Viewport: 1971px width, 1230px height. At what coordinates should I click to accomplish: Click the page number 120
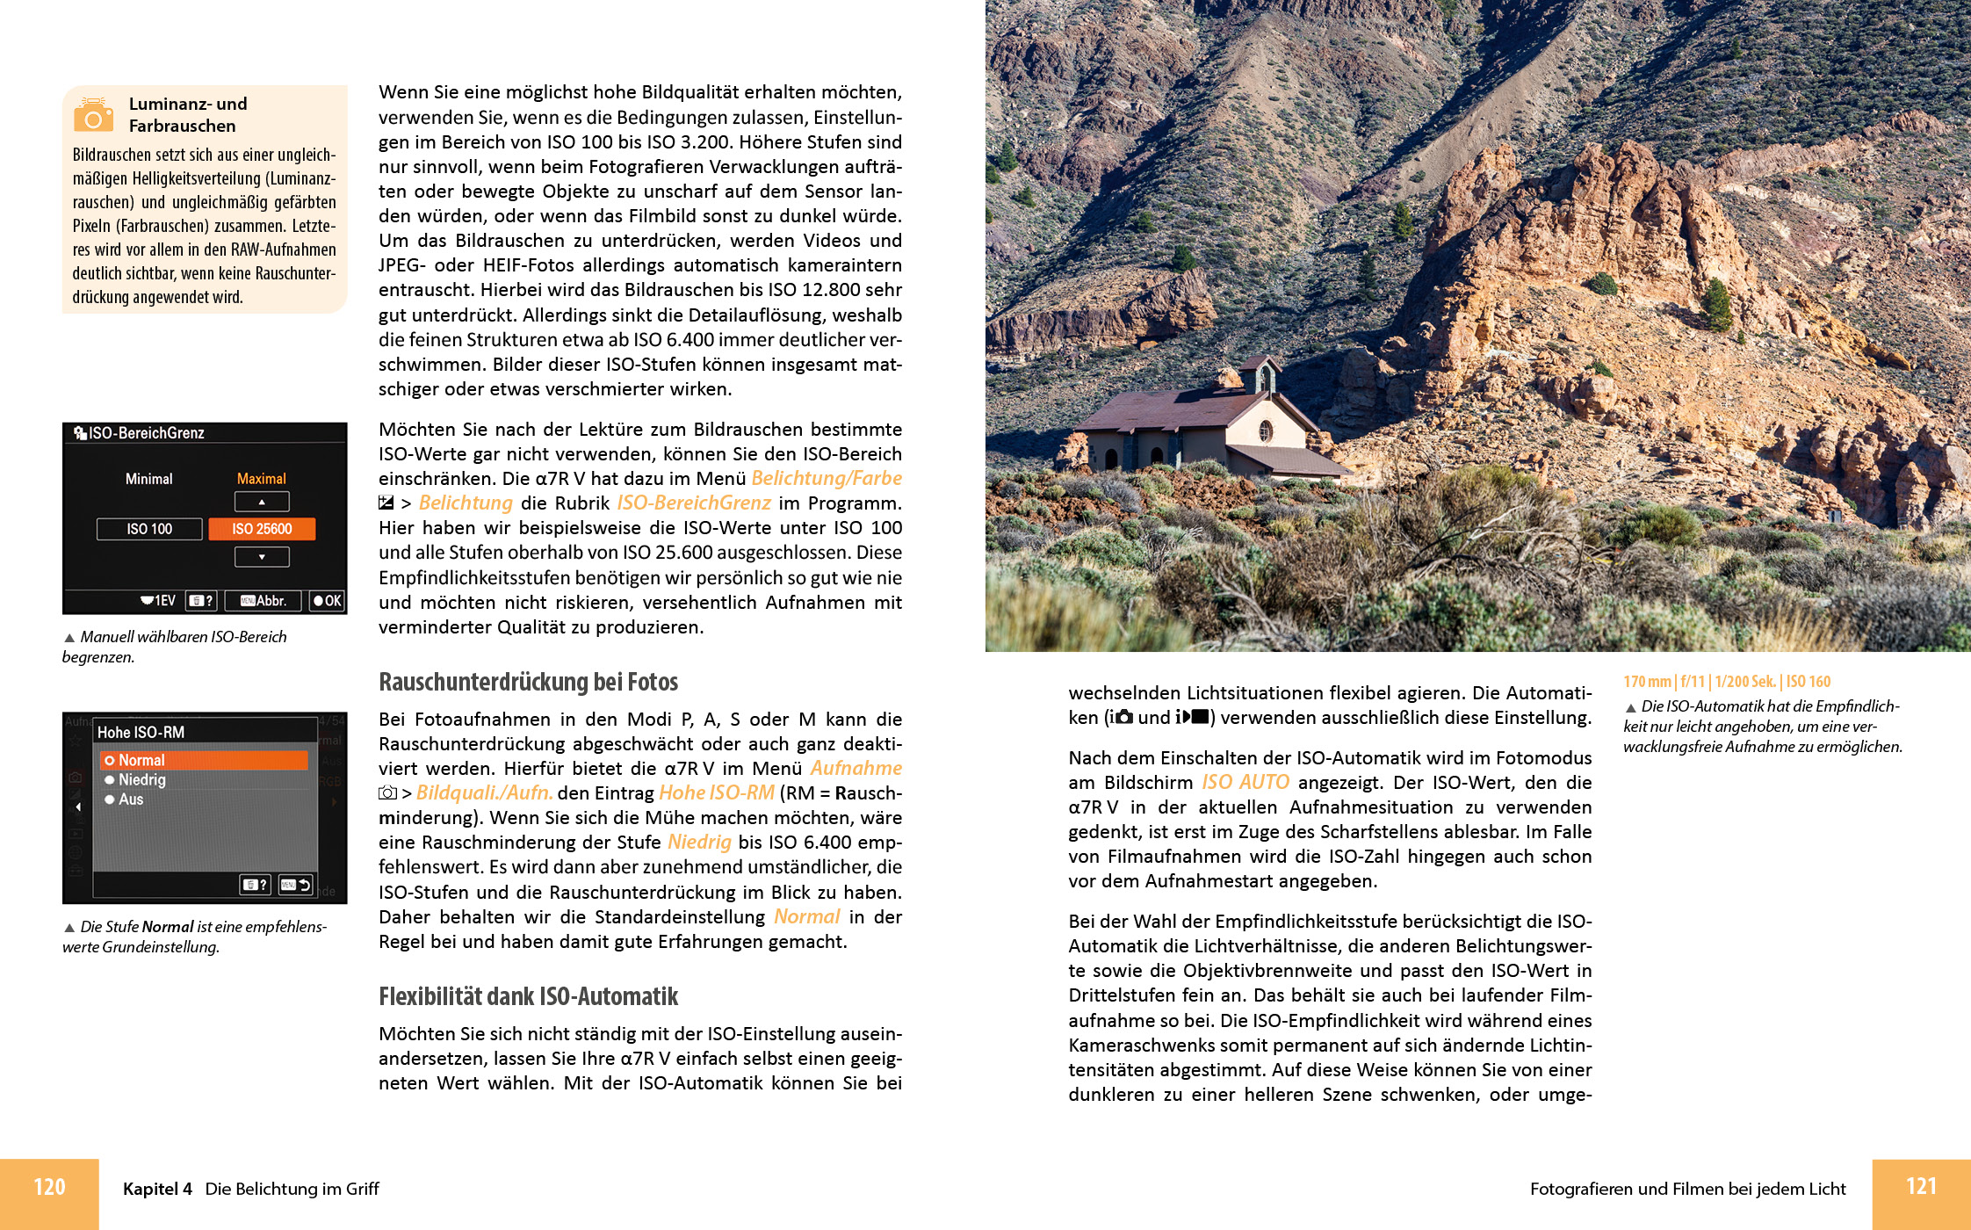[x=49, y=1187]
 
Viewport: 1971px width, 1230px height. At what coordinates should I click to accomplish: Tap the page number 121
[x=1921, y=1186]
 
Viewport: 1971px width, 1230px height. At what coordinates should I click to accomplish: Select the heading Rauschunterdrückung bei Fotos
[x=528, y=682]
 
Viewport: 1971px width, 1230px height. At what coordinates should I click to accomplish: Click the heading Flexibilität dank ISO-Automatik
[x=528, y=996]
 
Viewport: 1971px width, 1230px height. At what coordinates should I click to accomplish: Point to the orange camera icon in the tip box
[x=93, y=114]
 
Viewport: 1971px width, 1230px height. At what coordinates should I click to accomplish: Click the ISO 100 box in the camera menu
[x=149, y=529]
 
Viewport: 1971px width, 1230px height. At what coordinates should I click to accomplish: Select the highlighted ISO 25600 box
[x=262, y=529]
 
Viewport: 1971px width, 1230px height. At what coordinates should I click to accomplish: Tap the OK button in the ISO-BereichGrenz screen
[x=328, y=601]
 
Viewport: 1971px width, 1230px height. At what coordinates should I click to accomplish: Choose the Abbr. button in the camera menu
[x=264, y=601]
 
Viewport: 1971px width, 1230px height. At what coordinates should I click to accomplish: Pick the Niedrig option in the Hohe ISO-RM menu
[x=141, y=780]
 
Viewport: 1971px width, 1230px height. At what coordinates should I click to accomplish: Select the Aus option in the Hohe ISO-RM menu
[x=131, y=799]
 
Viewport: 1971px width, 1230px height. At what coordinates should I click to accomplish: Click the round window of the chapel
[x=1266, y=430]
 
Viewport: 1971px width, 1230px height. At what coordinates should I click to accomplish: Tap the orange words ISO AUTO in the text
[x=1245, y=782]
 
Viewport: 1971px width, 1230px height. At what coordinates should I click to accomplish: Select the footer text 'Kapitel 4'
[x=157, y=1189]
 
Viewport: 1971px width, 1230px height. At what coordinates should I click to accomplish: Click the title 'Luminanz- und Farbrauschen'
[x=188, y=115]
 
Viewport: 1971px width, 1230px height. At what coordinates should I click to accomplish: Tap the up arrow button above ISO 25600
[x=262, y=502]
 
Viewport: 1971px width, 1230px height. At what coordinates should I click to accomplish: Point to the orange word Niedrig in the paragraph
[x=699, y=842]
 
